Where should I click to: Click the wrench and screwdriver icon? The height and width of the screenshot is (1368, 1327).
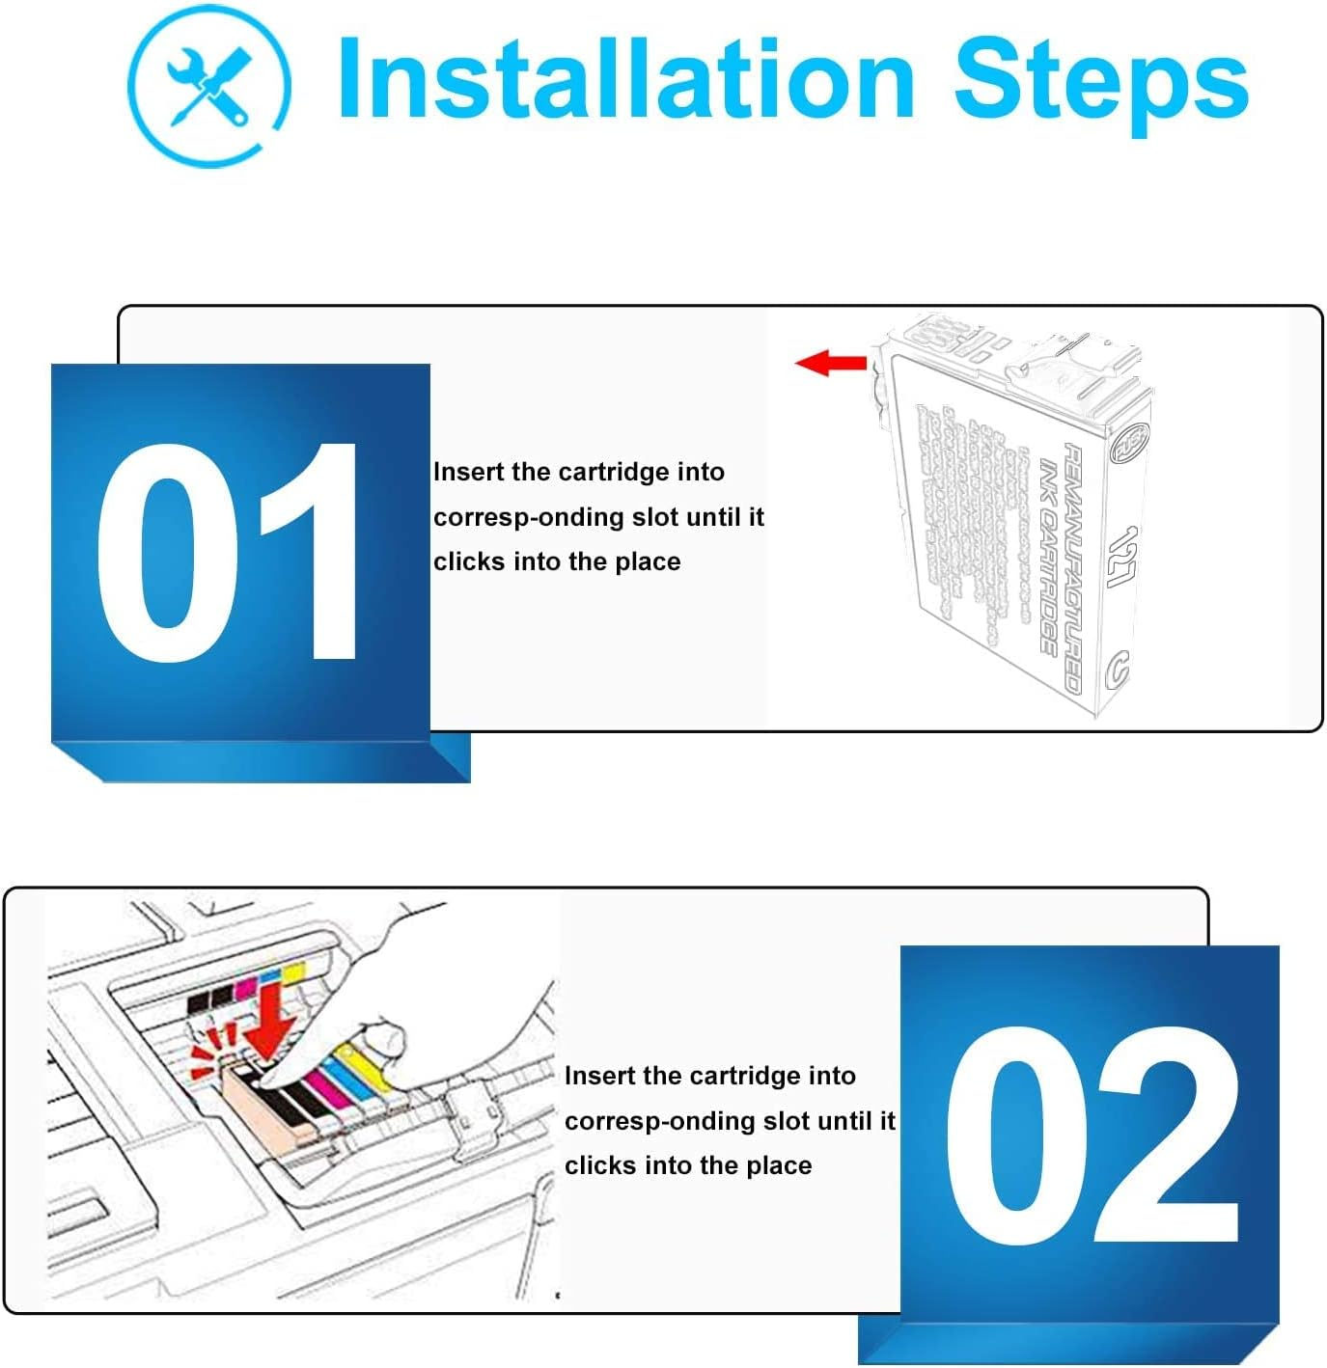pos(207,85)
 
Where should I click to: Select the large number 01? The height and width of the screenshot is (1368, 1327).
pos(230,554)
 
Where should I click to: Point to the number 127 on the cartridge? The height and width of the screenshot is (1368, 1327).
pos(1121,557)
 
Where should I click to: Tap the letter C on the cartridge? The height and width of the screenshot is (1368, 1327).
pos(1118,669)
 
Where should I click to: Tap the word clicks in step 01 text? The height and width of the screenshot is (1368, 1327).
pos(470,561)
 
